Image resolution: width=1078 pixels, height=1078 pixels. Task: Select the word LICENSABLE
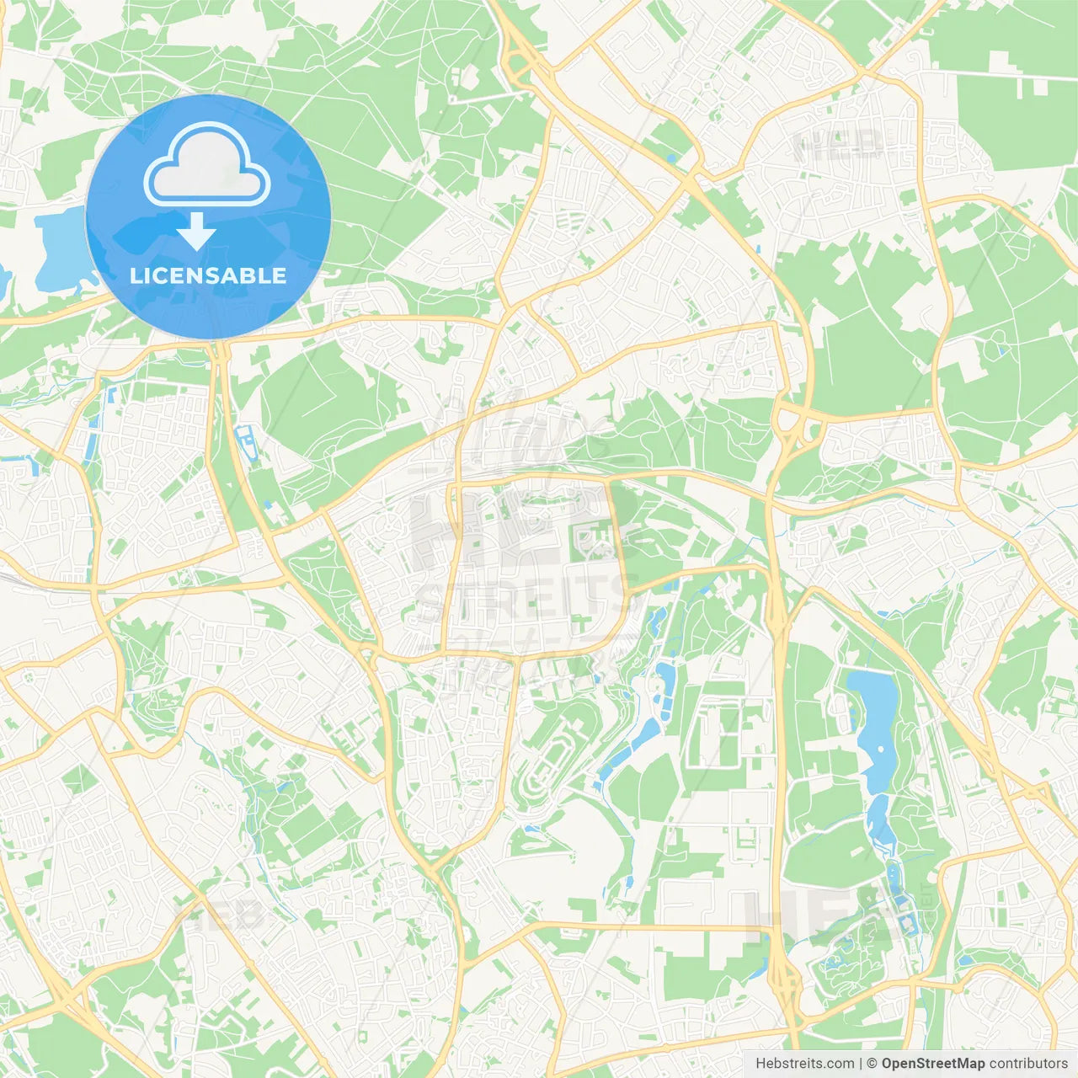point(208,275)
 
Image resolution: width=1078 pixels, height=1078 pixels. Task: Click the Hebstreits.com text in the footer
point(805,1064)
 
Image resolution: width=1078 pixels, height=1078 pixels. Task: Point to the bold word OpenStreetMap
point(933,1064)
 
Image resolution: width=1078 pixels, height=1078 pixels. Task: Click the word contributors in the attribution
point(1028,1064)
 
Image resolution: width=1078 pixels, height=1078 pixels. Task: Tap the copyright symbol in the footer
point(873,1064)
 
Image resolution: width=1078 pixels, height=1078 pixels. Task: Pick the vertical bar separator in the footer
point(861,1064)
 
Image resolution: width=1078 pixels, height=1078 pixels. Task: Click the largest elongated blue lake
point(876,724)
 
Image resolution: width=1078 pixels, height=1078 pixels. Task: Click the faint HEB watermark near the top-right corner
point(838,145)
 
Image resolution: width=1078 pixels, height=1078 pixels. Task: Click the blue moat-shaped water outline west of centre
point(244,438)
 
